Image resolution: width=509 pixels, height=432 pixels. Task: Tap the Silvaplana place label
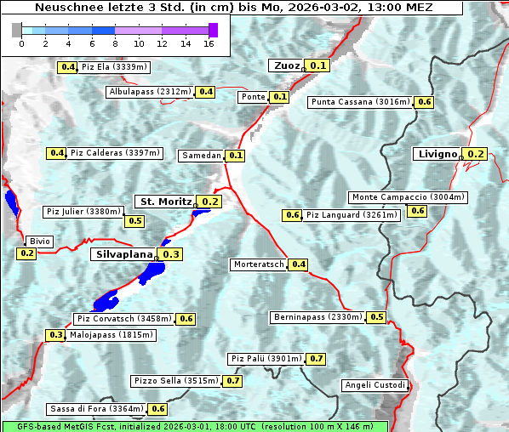click(x=123, y=254)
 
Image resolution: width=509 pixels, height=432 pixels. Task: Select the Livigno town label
click(x=438, y=154)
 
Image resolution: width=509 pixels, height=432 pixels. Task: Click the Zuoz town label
click(x=286, y=65)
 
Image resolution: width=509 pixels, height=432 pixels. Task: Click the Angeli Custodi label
click(x=375, y=385)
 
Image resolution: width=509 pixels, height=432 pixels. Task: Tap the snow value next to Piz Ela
click(x=66, y=67)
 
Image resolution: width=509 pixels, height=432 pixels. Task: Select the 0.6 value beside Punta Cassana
click(x=425, y=102)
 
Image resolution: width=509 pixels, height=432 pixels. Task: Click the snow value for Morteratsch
click(x=299, y=264)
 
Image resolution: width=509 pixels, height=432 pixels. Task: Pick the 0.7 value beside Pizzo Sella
click(x=233, y=381)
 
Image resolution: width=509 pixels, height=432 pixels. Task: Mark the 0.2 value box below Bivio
click(x=26, y=253)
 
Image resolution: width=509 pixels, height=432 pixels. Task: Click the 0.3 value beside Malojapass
click(x=55, y=336)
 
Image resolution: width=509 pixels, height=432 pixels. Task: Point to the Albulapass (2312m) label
click(x=150, y=91)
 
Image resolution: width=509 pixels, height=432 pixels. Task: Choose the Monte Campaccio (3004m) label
click(x=409, y=197)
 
